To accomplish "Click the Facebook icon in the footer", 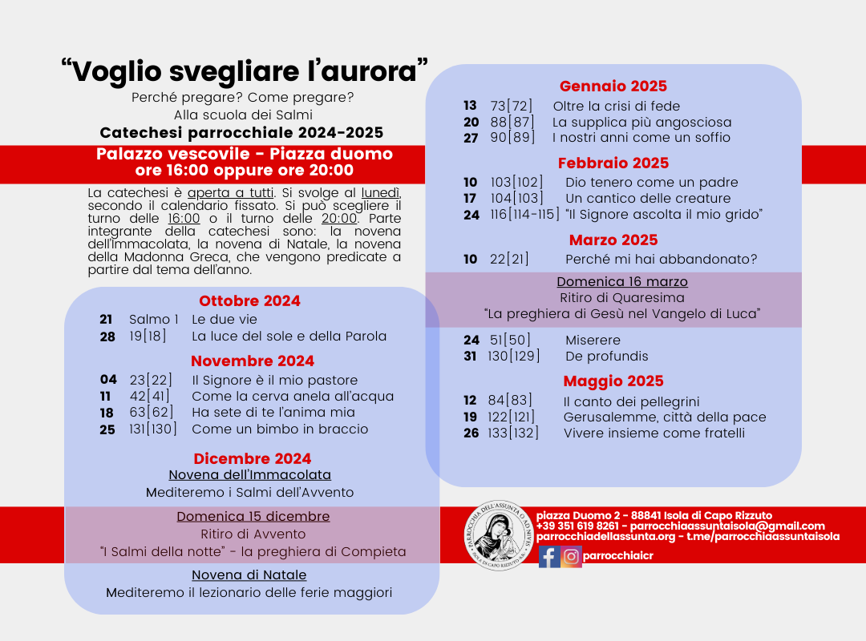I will coord(549,557).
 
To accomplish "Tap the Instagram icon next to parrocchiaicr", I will coord(572,557).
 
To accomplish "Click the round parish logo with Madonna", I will coord(498,535).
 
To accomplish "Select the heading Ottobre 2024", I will coord(249,301).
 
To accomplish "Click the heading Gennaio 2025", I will coord(613,87).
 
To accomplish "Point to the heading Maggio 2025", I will coord(613,381).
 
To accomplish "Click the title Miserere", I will coord(593,341).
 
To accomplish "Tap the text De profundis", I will coord(606,357).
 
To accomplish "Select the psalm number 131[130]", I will coord(152,429).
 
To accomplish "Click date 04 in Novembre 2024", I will coord(108,381).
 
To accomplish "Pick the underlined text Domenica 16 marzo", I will coord(622,282).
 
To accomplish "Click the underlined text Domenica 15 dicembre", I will coord(253,517).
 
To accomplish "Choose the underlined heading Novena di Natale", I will coord(249,575).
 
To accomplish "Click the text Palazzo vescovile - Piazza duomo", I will coord(245,154).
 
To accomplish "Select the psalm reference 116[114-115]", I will coord(524,215).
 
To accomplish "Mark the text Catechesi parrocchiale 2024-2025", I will coord(241,133).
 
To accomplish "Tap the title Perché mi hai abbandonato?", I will coord(661,260).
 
